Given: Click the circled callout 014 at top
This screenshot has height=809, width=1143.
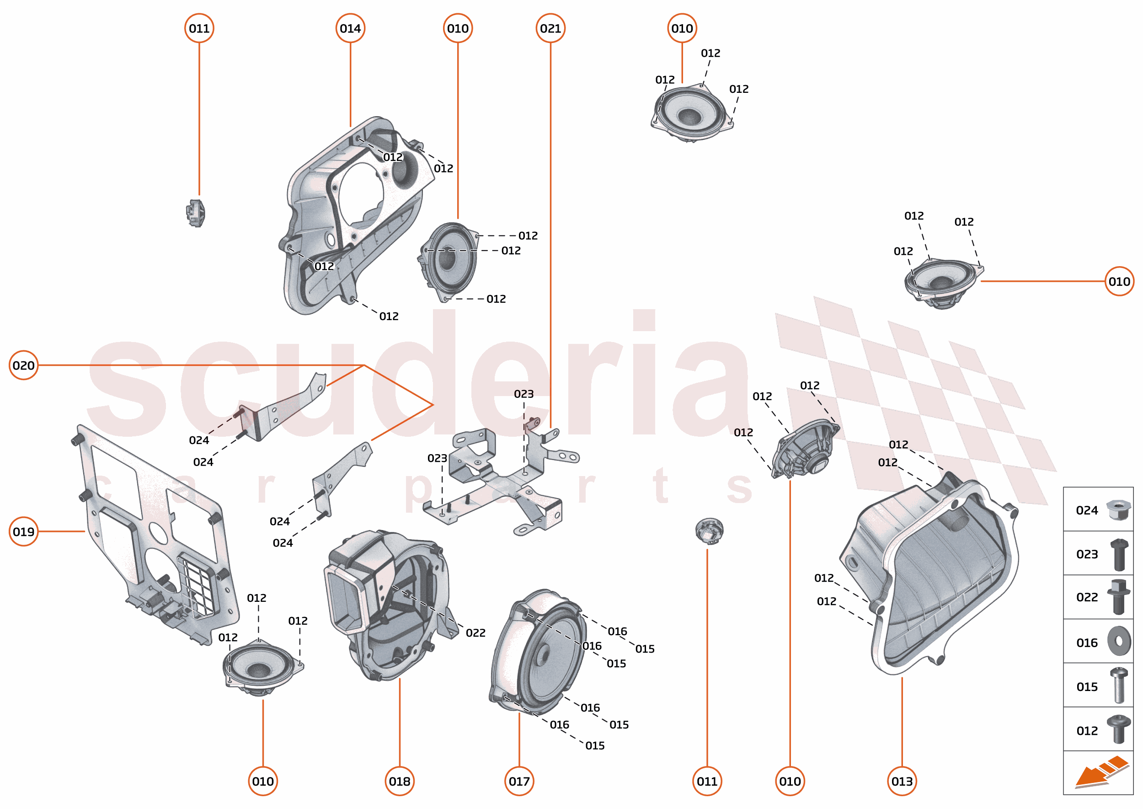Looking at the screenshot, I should pos(350,28).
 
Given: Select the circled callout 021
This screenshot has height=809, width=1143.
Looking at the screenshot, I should pos(550,28).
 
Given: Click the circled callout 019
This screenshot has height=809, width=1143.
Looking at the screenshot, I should pos(23,531).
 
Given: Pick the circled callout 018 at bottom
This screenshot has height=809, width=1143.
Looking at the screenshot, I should pos(400,781).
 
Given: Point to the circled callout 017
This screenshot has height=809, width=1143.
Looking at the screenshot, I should pos(519,781).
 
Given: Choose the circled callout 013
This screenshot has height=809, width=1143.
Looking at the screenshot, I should pos(902,781).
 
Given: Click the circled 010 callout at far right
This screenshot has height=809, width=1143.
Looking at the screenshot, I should pos(1119,281).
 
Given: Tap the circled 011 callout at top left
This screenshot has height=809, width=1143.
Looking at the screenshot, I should pos(199,28).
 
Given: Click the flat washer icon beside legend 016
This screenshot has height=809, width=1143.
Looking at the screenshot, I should pos(1119,641).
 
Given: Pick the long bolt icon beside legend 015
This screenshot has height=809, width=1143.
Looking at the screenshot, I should pos(1119,686).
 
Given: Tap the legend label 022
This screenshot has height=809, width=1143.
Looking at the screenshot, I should pos(1087,597).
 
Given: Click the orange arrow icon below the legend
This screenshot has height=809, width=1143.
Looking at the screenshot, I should pos(1100,771).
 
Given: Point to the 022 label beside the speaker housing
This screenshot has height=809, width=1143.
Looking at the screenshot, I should pos(475,632).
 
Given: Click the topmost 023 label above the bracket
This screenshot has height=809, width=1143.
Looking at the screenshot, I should pos(523,394).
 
